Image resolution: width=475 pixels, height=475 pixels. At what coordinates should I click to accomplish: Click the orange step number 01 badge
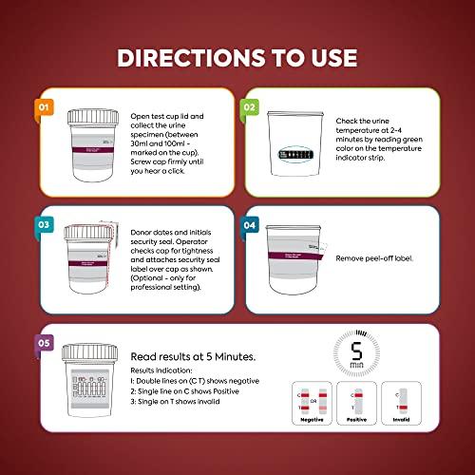point(42,106)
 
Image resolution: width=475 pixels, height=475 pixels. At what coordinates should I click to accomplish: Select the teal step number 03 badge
point(42,224)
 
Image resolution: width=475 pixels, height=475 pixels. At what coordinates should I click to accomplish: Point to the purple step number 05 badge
point(42,342)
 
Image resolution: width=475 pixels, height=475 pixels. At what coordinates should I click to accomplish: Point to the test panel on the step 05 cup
point(95,389)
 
